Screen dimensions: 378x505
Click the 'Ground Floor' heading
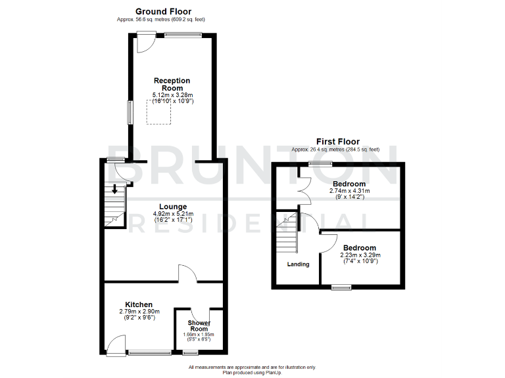(x=163, y=11)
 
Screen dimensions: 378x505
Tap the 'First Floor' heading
(x=338, y=141)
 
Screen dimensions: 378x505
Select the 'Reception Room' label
(x=172, y=85)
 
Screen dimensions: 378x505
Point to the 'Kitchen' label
(x=139, y=304)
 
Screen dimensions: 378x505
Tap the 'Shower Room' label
(x=199, y=325)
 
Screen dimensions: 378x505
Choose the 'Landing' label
(x=298, y=264)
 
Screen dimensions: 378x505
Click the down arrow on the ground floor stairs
(x=115, y=190)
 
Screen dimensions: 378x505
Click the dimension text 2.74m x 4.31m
(x=350, y=191)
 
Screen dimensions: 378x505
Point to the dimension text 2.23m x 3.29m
(x=359, y=255)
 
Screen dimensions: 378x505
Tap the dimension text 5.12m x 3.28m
(x=172, y=96)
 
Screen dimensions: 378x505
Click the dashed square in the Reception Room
(x=158, y=113)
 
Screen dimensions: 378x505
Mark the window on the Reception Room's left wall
(x=130, y=112)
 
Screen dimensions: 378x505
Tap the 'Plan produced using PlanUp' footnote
(x=252, y=373)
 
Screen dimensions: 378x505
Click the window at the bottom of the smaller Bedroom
(x=341, y=286)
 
